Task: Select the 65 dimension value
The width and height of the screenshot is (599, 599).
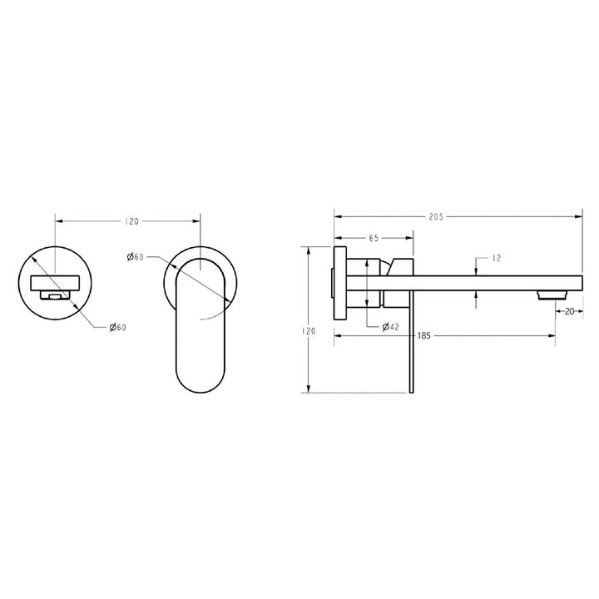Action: [x=374, y=238]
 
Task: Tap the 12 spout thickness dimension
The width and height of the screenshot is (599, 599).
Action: [x=498, y=259]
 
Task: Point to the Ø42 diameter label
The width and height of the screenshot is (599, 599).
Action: [x=392, y=327]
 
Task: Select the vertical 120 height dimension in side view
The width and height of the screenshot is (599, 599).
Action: [x=309, y=331]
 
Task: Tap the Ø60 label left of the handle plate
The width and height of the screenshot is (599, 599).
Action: [x=136, y=258]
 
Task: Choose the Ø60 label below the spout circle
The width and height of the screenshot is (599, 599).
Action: [x=117, y=328]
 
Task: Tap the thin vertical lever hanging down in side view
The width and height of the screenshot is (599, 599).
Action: [x=409, y=341]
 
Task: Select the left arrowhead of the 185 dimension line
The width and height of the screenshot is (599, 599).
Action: [x=338, y=337]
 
